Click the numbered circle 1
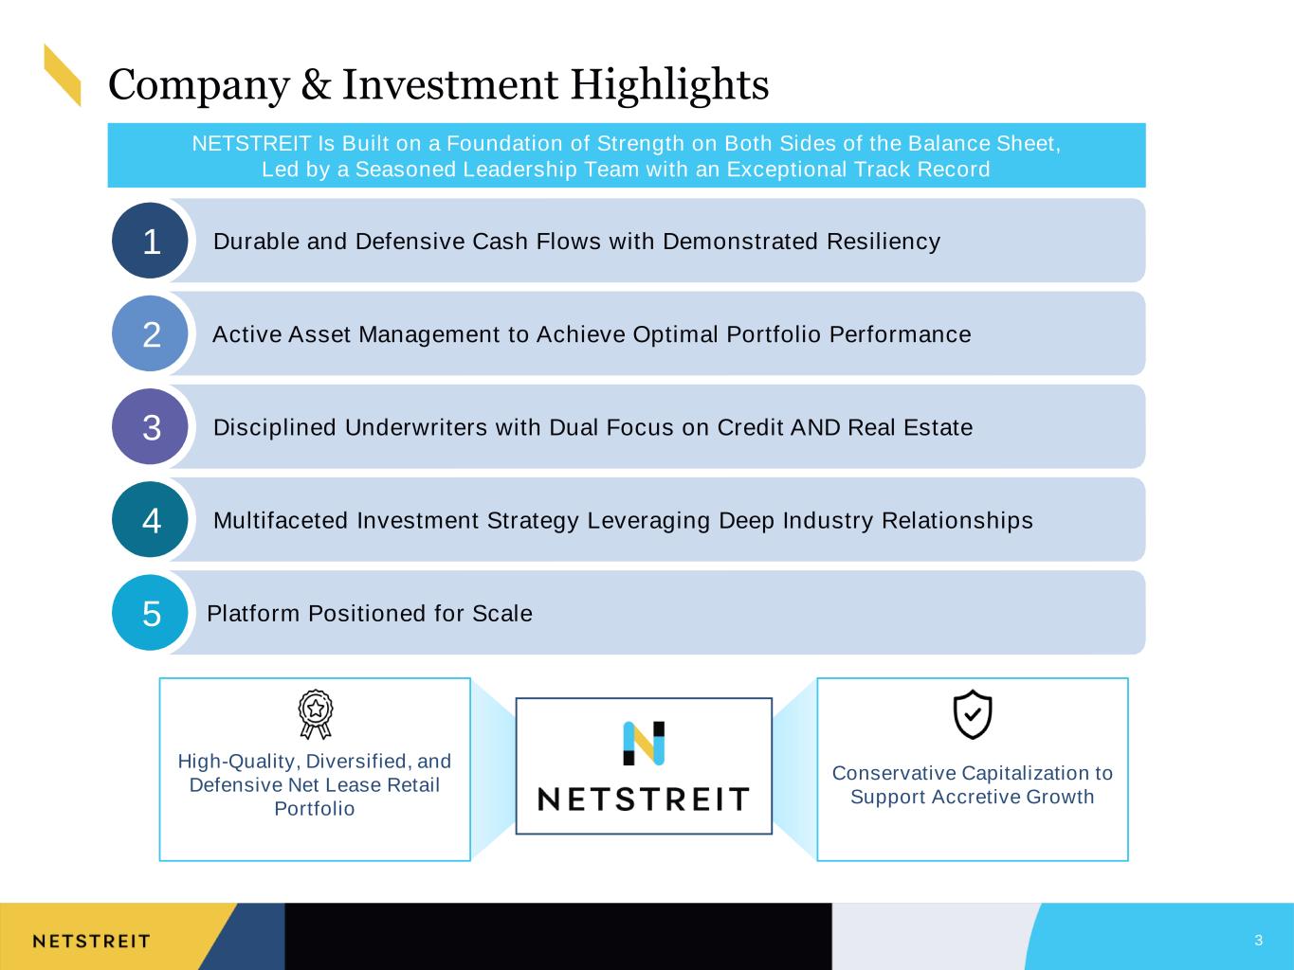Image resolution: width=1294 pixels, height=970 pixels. tap(150, 241)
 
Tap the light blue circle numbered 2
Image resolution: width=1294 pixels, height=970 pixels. tap(150, 333)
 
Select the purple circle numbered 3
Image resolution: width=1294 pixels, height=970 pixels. tap(150, 426)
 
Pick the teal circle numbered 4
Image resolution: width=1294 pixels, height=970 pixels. tap(150, 519)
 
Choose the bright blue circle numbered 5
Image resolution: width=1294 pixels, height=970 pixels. tap(150, 613)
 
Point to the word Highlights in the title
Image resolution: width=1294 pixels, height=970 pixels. tap(669, 86)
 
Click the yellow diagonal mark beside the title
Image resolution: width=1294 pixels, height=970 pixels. tap(63, 75)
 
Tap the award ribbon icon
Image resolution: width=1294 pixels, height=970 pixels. tap(316, 714)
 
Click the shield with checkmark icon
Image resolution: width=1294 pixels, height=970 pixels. tap(973, 714)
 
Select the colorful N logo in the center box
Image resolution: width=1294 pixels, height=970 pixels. tap(644, 744)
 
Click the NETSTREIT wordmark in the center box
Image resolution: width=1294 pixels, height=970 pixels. tap(644, 799)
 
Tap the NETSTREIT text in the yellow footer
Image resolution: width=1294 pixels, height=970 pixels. tap(91, 942)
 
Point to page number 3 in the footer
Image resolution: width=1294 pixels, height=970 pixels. tap(1259, 940)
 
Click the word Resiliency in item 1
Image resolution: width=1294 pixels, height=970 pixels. tap(884, 242)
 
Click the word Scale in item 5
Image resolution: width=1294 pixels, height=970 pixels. tap(502, 614)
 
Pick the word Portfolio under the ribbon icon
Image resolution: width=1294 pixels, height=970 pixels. tap(314, 809)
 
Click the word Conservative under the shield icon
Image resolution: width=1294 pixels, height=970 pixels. tap(894, 773)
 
